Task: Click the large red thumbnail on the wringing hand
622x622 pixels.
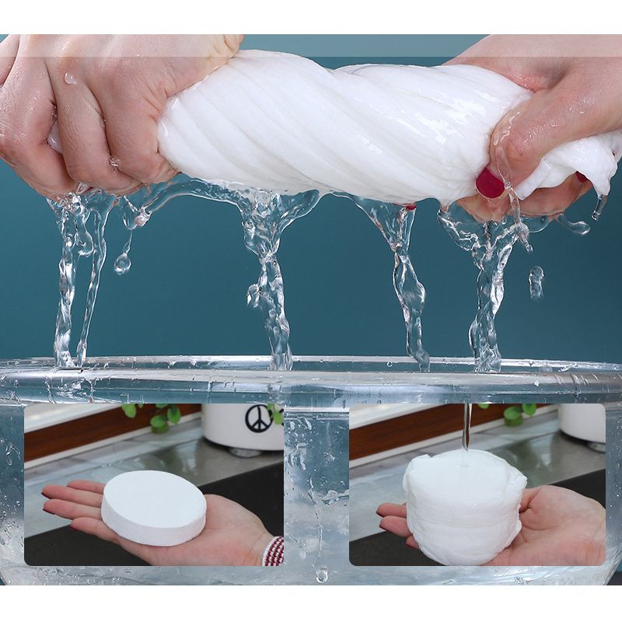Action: [x=489, y=183]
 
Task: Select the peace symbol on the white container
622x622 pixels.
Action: [x=258, y=418]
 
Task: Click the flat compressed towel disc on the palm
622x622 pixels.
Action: [x=154, y=506]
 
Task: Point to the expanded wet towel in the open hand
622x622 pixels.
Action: [x=464, y=505]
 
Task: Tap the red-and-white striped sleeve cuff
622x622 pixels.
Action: [x=273, y=550]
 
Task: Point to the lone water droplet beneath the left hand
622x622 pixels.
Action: [x=122, y=264]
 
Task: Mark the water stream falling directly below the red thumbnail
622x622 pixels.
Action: [x=486, y=295]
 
